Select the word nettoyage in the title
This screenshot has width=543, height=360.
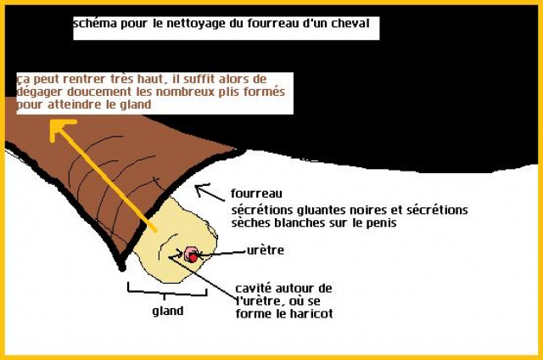[193, 25]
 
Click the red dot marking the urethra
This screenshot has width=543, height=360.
[193, 255]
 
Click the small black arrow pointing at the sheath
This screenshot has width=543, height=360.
[204, 188]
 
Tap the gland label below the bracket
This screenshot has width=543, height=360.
[168, 311]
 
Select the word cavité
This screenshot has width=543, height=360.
[254, 288]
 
